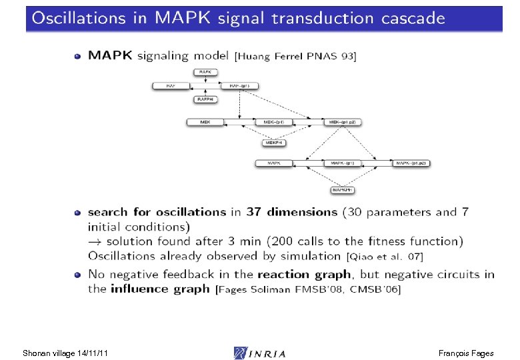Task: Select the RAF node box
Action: point(171,85)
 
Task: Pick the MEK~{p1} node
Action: point(274,122)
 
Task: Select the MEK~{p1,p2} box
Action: point(343,122)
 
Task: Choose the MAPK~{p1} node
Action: point(343,163)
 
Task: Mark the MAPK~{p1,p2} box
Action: point(412,163)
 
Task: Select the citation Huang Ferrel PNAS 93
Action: point(296,57)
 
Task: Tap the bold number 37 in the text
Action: point(254,212)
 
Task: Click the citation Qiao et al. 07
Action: point(384,256)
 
